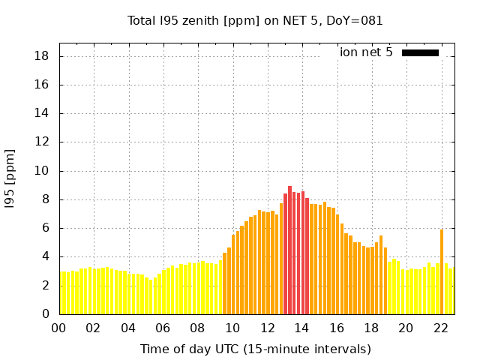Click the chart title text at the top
tap(256, 20)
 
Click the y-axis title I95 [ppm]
tap(10, 178)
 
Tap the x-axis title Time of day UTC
tap(256, 349)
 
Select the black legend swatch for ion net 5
tap(420, 52)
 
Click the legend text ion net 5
tap(366, 52)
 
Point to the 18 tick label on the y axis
tap(43, 56)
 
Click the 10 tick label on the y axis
tap(43, 171)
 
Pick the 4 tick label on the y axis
tap(46, 256)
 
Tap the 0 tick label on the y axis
tap(46, 314)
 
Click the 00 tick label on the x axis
tap(59, 328)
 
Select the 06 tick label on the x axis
tap(163, 328)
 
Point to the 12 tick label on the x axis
tap(267, 328)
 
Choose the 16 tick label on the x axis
tap(336, 328)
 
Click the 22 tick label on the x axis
tap(440, 328)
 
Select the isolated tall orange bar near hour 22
tap(442, 271)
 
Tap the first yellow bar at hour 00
tap(64, 292)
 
